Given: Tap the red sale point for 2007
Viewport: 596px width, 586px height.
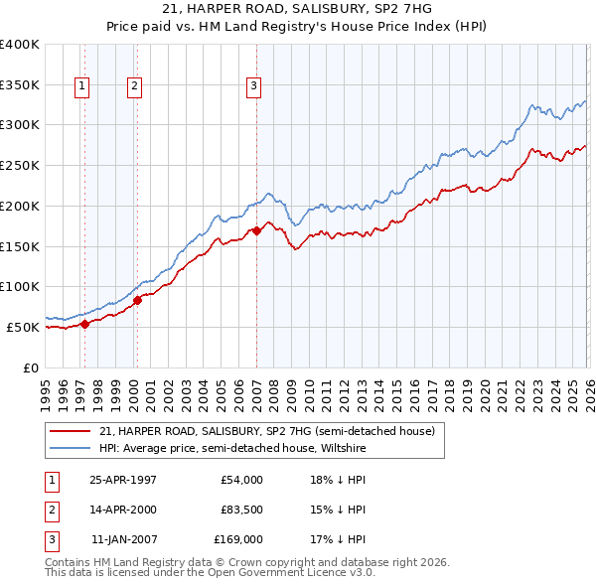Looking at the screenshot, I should click(x=256, y=230).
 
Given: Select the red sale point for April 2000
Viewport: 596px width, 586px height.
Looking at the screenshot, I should click(x=137, y=300).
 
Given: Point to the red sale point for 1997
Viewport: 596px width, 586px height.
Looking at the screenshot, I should click(x=85, y=323).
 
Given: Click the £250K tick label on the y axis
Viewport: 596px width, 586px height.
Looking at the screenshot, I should click(x=20, y=165).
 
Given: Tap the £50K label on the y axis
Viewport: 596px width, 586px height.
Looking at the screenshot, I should click(x=23, y=327).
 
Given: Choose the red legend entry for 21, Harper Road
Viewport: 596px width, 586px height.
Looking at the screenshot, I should click(x=266, y=432).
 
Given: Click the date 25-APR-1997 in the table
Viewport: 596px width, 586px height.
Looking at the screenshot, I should click(x=123, y=480).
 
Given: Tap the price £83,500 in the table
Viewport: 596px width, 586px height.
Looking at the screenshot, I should click(x=242, y=510).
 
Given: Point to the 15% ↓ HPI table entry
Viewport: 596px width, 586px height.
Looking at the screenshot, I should click(x=339, y=510).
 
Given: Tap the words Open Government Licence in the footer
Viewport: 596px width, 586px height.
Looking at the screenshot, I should click(x=281, y=573).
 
